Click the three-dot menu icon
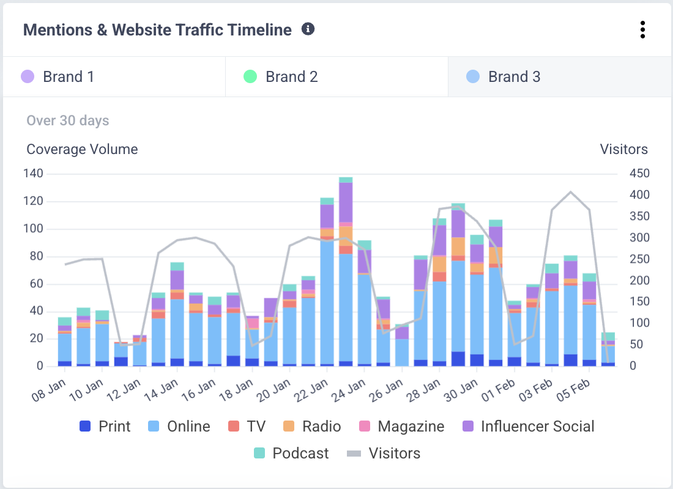[642, 29]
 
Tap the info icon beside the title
[308, 29]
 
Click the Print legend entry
[105, 426]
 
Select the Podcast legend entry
[291, 454]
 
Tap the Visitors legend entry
[384, 454]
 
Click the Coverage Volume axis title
[82, 149]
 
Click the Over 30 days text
[67, 120]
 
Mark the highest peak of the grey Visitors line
[571, 192]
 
